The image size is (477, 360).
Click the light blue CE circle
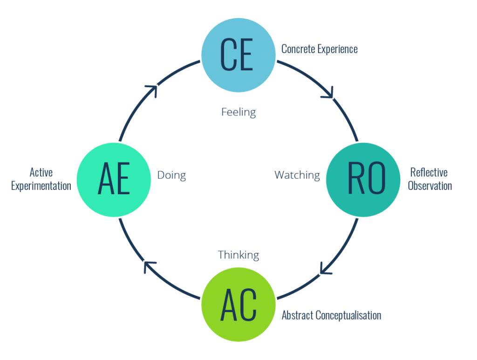point(238,55)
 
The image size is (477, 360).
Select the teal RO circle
point(363,179)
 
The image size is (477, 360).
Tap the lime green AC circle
point(238,304)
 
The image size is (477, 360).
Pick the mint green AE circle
point(113,179)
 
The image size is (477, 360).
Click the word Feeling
point(238,112)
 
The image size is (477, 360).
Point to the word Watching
point(297,176)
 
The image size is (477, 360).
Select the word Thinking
point(238,255)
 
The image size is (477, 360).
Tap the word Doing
point(171,176)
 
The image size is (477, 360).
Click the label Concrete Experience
point(320,49)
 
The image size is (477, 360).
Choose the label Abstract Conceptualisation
point(331,315)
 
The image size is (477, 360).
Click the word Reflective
point(429,173)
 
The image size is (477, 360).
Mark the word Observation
point(429,186)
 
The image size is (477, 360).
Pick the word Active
point(41,173)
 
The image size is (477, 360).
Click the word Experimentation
point(41,186)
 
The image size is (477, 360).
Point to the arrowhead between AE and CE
point(151,91)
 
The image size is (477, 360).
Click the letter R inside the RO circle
point(355,179)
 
